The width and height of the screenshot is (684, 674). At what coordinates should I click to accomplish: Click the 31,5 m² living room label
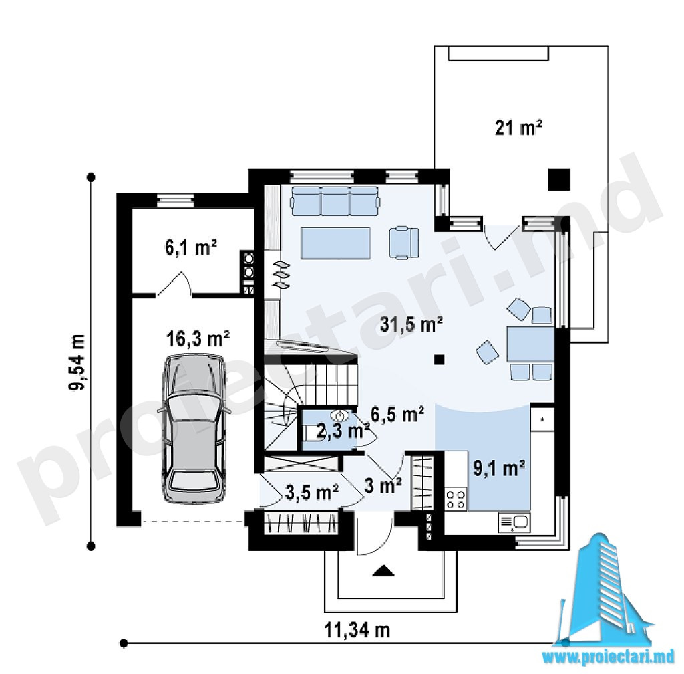(411, 324)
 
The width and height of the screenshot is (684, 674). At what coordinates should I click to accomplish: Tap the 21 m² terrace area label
(518, 128)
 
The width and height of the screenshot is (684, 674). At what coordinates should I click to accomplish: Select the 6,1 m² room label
(190, 248)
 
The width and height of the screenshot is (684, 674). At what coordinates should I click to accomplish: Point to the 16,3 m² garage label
(198, 338)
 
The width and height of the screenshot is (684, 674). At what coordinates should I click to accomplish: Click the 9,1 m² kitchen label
(499, 469)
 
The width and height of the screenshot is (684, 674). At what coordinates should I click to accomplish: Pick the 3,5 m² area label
(312, 492)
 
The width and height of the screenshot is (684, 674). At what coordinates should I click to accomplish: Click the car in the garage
(194, 428)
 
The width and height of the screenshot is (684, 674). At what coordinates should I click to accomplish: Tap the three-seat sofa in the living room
(335, 201)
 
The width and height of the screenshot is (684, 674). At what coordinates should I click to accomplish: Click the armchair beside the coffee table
(404, 243)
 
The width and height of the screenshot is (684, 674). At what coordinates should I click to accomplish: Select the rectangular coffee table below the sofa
(335, 243)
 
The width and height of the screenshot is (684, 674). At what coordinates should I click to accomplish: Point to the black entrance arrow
(384, 570)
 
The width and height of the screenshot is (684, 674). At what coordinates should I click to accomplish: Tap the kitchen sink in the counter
(514, 522)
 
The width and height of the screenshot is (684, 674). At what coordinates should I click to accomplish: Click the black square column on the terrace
(559, 179)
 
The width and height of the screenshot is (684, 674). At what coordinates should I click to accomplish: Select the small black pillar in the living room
(439, 359)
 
